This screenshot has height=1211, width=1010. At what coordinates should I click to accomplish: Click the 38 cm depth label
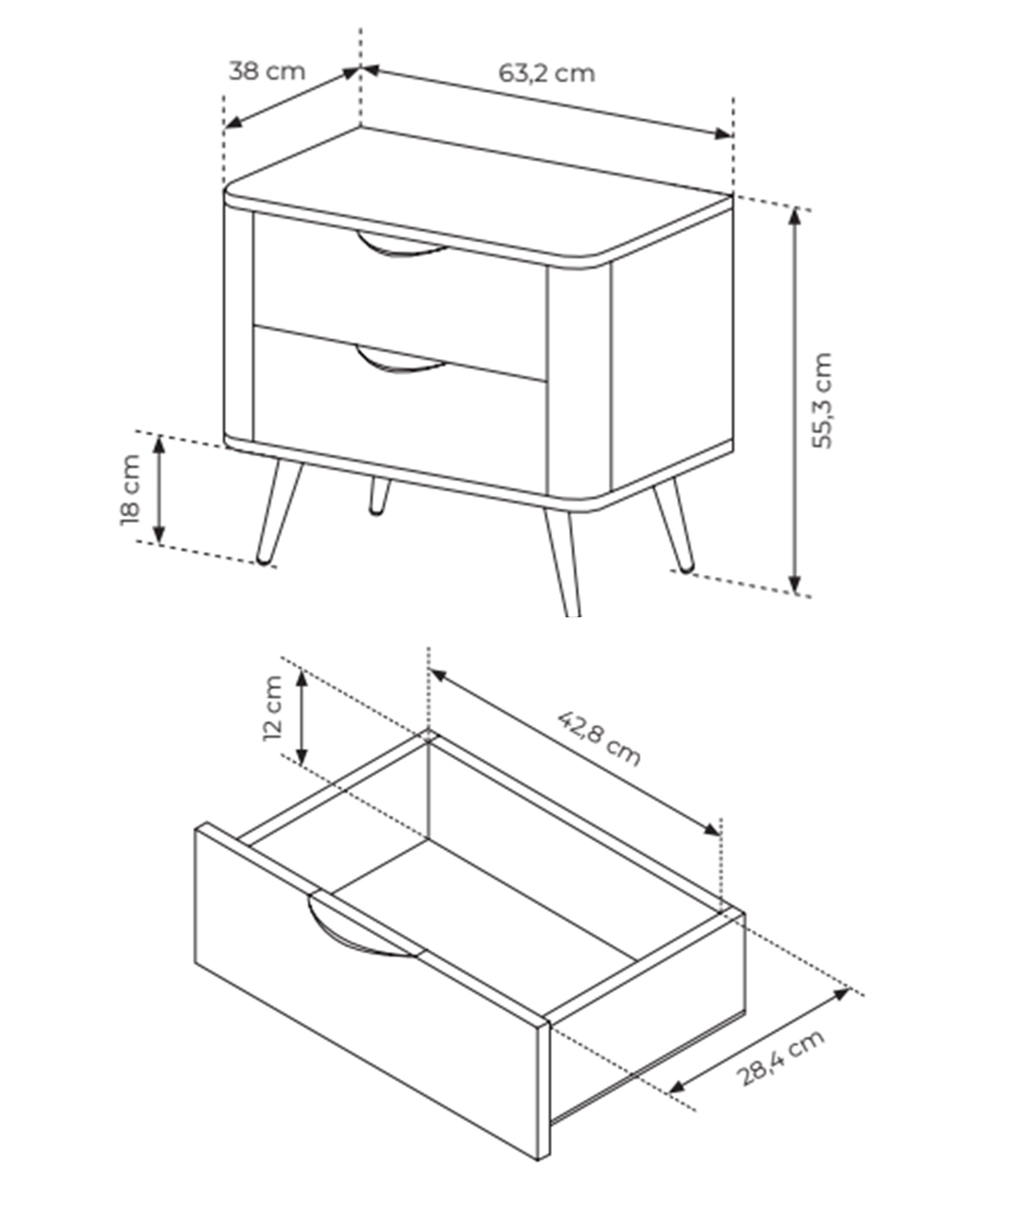pos(267,71)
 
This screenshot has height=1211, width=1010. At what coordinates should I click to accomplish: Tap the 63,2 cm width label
pos(546,73)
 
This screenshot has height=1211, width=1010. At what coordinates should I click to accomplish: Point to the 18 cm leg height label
pos(130,490)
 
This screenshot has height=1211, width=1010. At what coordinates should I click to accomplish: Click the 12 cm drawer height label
pos(272,708)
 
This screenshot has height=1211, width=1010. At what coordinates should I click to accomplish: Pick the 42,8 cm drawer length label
pos(599,739)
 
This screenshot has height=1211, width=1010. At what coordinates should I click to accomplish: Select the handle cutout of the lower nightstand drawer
pos(401,360)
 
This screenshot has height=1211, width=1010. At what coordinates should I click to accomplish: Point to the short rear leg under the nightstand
pos(379,495)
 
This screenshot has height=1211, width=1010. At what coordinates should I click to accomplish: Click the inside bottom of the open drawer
pos(485,906)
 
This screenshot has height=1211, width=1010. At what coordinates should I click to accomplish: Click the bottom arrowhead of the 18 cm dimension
pos(160,535)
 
